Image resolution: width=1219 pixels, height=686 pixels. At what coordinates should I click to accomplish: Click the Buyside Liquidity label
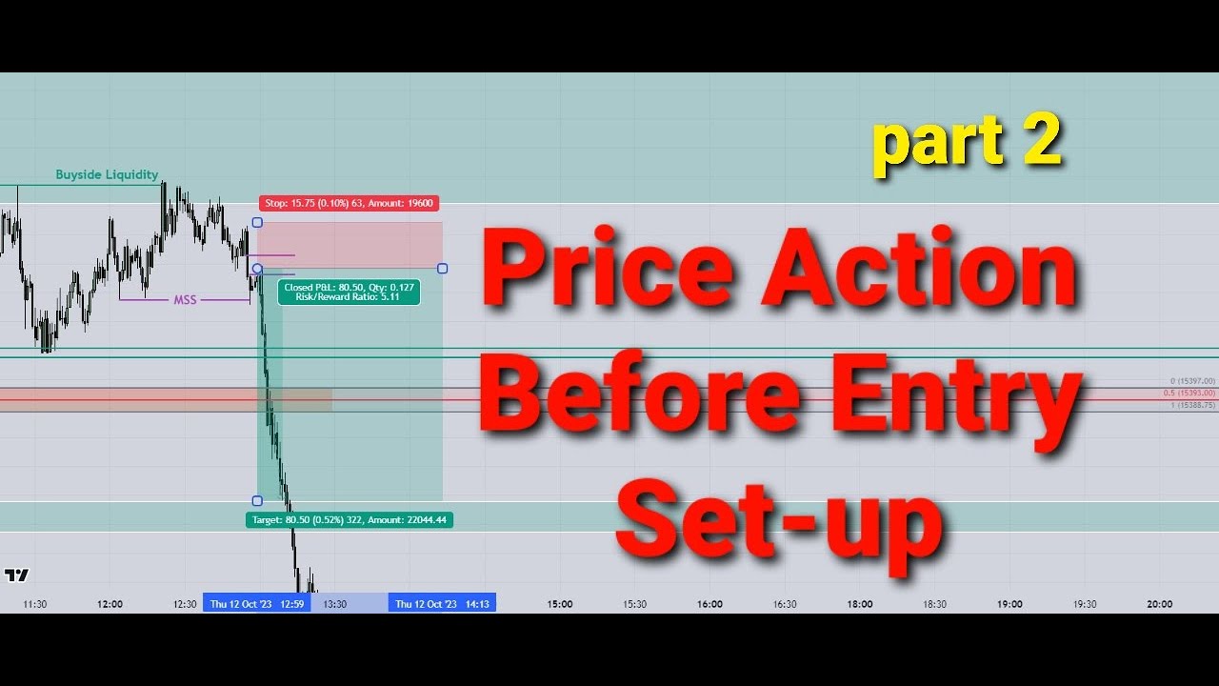[107, 174]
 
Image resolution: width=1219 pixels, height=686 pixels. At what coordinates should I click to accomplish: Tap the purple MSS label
[185, 300]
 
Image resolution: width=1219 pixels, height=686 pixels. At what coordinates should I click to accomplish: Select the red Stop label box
[348, 203]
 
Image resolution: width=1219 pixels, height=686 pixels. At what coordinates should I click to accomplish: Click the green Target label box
[350, 520]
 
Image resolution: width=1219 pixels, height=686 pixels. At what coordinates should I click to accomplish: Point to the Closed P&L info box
[349, 292]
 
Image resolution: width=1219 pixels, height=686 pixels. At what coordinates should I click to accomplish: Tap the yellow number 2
[1035, 141]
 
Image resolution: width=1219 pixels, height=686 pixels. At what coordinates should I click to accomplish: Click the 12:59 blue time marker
[256, 603]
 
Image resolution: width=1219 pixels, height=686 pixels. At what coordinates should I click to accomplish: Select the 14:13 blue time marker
[442, 603]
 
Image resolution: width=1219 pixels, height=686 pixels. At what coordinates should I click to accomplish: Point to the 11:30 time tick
[34, 604]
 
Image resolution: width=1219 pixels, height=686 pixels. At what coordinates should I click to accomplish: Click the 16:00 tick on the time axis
[709, 604]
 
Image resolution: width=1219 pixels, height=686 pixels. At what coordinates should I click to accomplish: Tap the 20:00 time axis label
[1159, 604]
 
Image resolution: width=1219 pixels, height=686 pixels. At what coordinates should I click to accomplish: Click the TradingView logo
[16, 575]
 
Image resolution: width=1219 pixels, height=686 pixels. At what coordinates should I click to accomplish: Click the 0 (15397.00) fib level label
[1191, 381]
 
